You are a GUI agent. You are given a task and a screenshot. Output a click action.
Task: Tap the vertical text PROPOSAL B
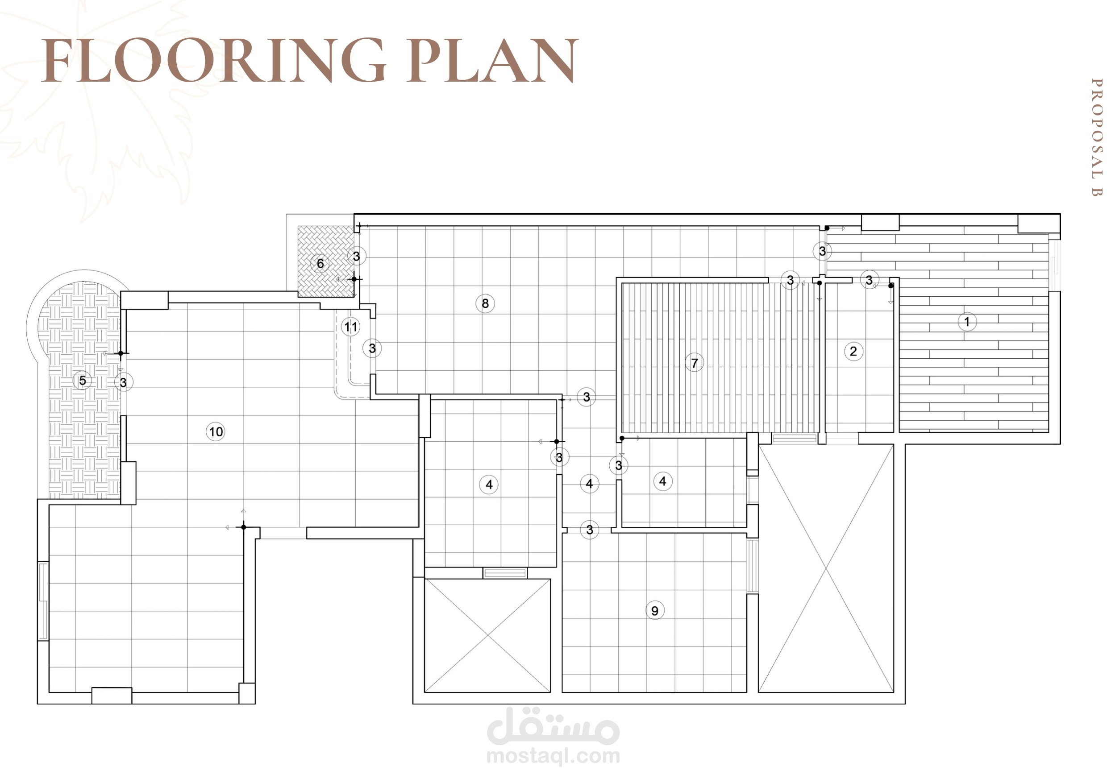1096,138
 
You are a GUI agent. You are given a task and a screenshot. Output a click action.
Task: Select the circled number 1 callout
967,322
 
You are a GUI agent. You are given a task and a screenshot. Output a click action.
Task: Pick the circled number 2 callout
853,351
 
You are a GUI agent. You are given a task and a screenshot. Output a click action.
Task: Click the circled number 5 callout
83,381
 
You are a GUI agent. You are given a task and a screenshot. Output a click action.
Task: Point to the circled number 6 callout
320,264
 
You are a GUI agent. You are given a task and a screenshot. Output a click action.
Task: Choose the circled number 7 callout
695,363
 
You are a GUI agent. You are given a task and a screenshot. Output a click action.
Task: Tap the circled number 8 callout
485,303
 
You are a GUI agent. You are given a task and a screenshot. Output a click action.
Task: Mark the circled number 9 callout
654,610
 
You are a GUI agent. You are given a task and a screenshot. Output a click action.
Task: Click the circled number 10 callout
216,431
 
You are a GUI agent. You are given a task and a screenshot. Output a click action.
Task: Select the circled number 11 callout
351,327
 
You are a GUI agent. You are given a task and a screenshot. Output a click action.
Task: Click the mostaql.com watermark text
553,756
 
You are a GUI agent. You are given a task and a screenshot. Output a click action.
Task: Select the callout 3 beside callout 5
124,382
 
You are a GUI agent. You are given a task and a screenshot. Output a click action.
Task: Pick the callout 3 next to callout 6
357,257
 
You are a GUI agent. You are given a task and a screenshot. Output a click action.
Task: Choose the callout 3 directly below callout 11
372,348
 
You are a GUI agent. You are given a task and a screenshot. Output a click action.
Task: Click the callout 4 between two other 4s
589,484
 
